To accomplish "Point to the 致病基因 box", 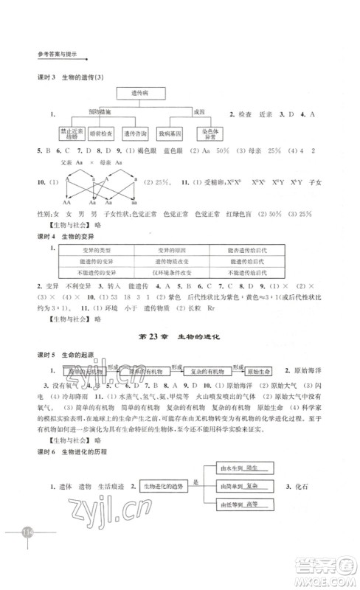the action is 171,133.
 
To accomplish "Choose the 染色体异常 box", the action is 207,133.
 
